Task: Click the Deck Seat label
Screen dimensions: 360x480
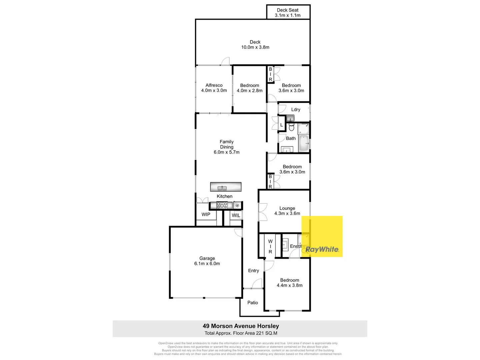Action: (288, 10)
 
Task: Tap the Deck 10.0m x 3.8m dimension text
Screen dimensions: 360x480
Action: (255, 47)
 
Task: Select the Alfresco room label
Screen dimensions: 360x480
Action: (214, 85)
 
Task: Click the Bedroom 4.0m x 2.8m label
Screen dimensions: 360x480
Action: (250, 88)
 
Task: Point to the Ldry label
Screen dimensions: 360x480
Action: (296, 110)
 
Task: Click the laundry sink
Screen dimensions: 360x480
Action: (290, 118)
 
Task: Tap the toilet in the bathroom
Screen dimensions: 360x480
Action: (291, 127)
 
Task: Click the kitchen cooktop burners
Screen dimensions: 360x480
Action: (222, 205)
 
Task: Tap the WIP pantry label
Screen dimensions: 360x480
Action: (206, 214)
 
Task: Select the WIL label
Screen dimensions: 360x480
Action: (236, 215)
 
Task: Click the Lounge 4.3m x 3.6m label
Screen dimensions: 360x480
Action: (287, 211)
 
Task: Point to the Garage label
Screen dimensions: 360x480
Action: (207, 258)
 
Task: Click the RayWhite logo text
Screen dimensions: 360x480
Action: (322, 249)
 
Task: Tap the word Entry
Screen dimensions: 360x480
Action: (254, 271)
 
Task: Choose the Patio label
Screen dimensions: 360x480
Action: (253, 303)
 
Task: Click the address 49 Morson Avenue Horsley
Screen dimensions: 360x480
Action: (241, 326)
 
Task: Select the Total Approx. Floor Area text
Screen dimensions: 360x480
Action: (241, 333)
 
